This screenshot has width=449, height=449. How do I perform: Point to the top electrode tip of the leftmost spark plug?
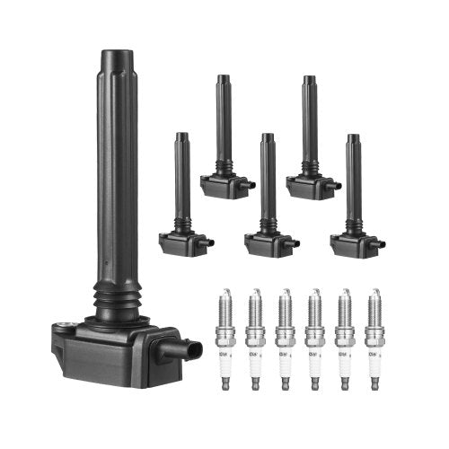pos(227,292)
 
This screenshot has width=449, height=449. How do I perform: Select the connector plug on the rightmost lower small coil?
pos(381,242)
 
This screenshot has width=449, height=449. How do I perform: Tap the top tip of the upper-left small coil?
pos(222,78)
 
